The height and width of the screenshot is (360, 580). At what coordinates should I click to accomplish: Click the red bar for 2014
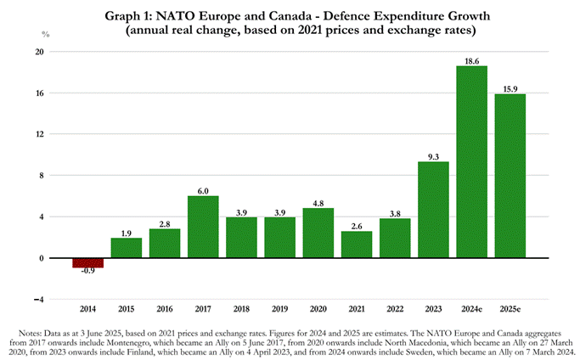point(87,262)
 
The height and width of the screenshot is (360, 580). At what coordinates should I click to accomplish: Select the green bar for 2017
point(203,227)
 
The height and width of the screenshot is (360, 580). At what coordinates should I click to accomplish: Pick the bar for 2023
point(433,210)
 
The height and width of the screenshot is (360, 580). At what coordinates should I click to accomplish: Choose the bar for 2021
point(357,245)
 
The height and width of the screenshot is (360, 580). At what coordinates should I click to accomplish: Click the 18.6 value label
point(471,61)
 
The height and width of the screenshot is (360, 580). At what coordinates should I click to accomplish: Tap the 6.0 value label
point(203,191)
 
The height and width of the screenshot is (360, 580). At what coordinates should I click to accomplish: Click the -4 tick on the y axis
point(38,300)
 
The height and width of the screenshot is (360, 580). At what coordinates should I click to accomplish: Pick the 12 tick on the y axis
point(38,134)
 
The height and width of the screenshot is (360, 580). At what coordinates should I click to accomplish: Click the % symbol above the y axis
point(46,34)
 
